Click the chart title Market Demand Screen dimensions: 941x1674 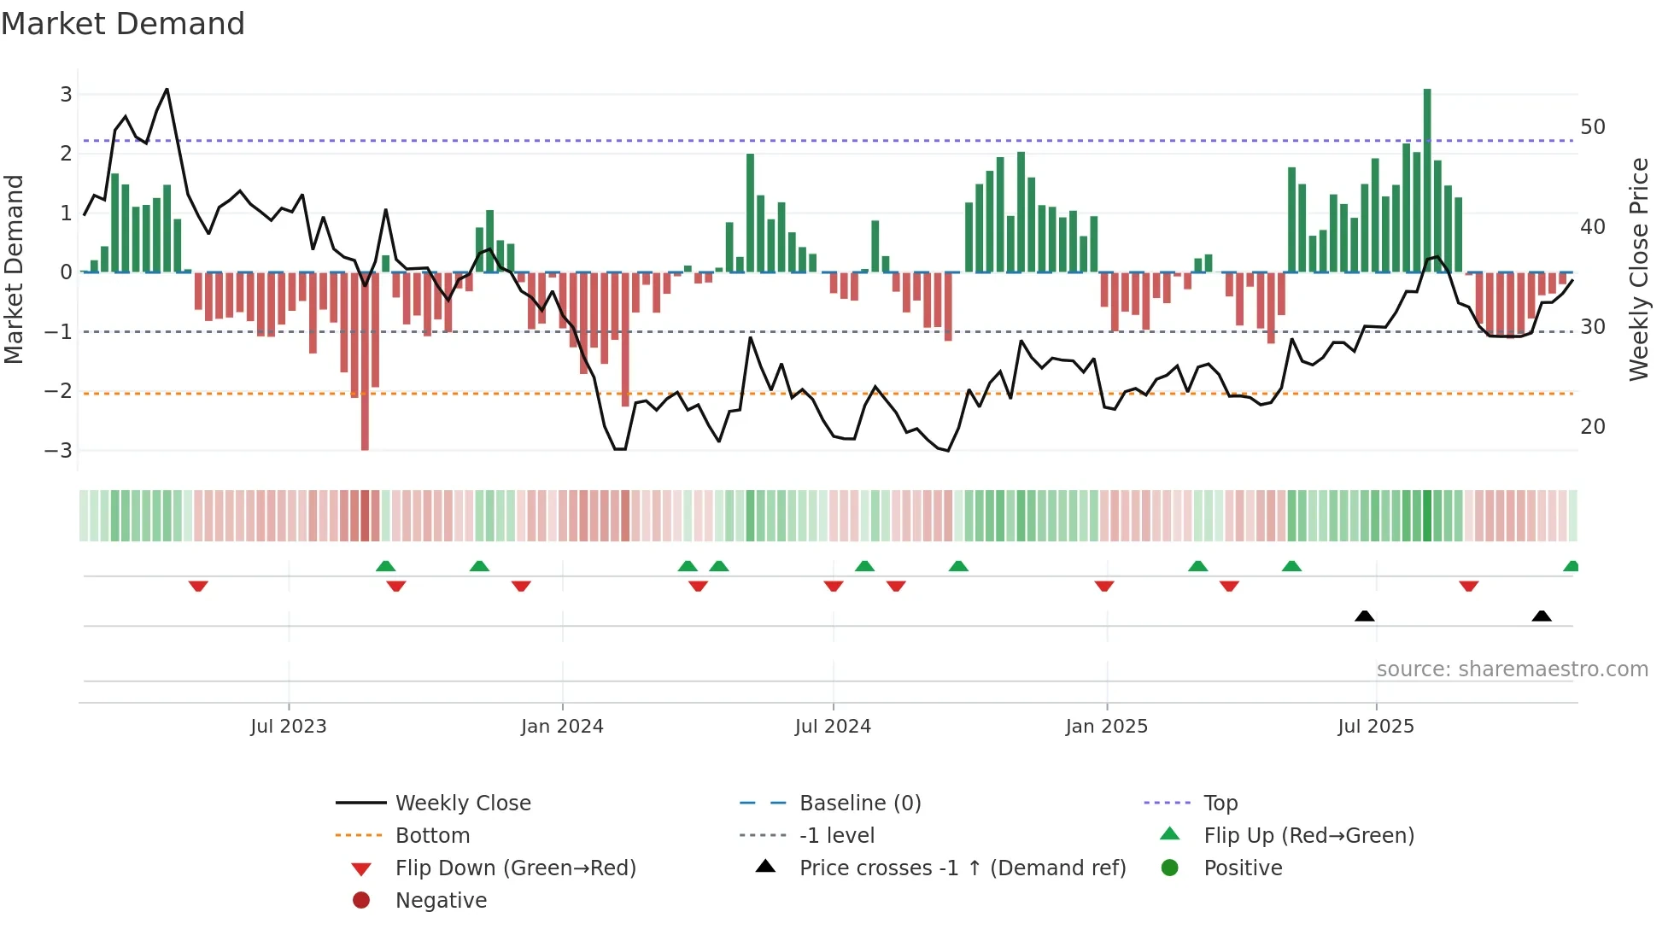123,24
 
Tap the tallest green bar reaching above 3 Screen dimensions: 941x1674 1427,179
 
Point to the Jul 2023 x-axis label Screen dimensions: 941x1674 289,727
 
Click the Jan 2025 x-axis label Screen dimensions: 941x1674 1107,727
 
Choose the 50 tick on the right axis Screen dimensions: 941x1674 1593,127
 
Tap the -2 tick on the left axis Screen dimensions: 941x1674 59,391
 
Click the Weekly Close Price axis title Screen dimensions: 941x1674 1638,269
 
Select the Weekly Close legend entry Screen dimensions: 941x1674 462,804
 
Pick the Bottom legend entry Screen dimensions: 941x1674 432,836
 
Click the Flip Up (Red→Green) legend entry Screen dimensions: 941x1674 1308,836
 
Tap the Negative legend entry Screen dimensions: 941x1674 441,901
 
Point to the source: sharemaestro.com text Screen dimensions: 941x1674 1512,669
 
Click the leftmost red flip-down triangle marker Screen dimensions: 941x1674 198,586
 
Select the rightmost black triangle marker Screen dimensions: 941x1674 1542,616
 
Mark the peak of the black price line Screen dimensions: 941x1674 167,89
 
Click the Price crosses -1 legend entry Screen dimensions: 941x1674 963,868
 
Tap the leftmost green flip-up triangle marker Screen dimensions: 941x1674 386,566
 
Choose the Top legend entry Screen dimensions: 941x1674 1220,804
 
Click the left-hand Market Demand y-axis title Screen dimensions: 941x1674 15,269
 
